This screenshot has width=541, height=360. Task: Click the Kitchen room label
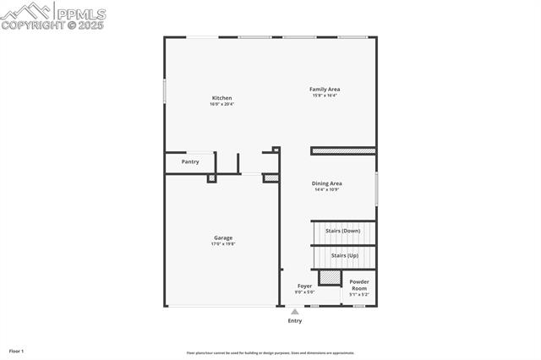coord(221,98)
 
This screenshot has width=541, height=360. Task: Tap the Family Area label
coord(325,89)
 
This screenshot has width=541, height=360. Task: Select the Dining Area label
coord(327,183)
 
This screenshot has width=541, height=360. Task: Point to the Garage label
coord(223,237)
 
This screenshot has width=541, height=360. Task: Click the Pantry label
coord(190,161)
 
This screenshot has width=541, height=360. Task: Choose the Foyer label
coord(304,286)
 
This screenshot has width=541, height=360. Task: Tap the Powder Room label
coord(359,285)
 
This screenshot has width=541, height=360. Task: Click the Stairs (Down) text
coord(342,231)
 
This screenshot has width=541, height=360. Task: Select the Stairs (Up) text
coord(344,255)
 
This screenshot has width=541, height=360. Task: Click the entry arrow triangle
coord(295,312)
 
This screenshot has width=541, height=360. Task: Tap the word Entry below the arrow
coord(295,321)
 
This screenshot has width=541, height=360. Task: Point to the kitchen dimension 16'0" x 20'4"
coord(221,105)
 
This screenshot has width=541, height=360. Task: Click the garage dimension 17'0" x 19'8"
coord(223,244)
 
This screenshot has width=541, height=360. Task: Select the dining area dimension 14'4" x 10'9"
coord(327,189)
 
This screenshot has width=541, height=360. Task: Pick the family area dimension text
coord(325,95)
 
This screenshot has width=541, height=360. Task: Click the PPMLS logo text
coord(80,14)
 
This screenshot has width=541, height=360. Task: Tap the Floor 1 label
coord(16,350)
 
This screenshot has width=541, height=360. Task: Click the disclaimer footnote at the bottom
coord(270,353)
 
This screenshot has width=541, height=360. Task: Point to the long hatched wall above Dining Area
coord(343,151)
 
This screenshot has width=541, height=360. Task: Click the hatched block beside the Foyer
coord(329,277)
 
